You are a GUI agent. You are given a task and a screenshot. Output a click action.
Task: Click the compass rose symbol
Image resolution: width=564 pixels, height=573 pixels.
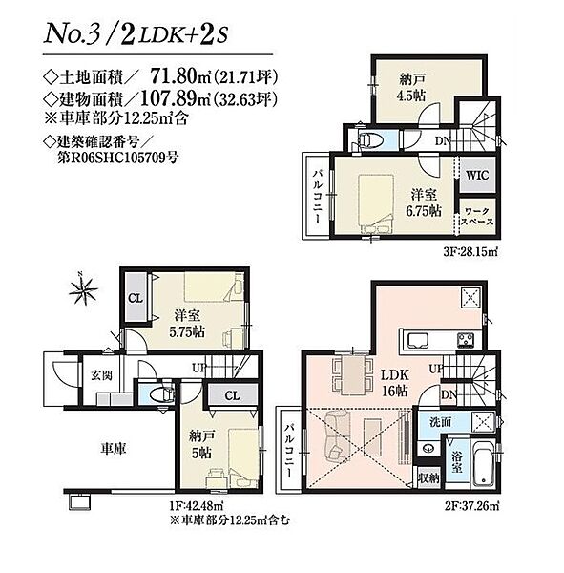point(84,290)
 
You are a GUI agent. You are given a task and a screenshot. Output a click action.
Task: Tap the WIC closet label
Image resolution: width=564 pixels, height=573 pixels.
point(477,175)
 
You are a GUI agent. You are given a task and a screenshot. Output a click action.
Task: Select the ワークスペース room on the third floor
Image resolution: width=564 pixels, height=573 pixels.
point(477,217)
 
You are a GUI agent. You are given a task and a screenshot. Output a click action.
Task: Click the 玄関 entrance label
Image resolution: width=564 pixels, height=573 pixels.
point(101,375)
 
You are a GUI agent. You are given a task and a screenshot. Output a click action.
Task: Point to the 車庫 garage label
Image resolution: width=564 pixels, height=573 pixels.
point(114,449)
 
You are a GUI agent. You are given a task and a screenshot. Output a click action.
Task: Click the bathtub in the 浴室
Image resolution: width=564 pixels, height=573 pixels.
point(483,462)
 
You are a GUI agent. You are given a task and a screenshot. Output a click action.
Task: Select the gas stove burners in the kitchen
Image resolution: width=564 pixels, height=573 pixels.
point(466,339)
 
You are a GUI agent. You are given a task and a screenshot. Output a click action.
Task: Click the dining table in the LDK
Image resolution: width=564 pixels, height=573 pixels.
point(353,375)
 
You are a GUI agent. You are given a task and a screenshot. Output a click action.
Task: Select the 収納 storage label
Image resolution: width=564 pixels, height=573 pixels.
point(428,478)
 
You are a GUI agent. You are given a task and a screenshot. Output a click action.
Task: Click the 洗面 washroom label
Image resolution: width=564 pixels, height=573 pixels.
point(441,422)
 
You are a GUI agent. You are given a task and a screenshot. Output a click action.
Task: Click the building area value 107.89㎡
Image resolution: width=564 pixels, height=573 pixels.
point(176,98)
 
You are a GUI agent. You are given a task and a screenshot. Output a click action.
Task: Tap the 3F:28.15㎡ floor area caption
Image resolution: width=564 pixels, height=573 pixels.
point(470,252)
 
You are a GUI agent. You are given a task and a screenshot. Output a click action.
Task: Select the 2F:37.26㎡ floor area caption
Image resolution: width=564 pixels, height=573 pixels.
point(471,506)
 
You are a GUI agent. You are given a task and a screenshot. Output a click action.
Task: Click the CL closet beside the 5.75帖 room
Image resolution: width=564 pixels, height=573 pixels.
point(136,298)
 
